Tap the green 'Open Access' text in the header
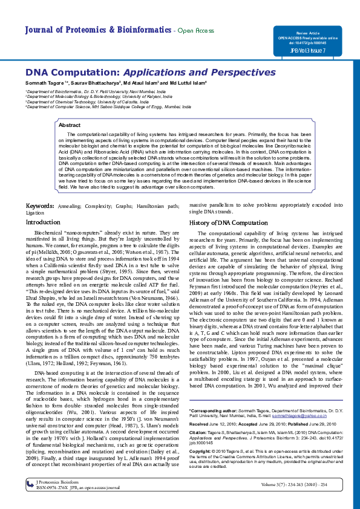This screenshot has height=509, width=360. tap(195, 31)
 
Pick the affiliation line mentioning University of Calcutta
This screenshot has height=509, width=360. tap(84, 101)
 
